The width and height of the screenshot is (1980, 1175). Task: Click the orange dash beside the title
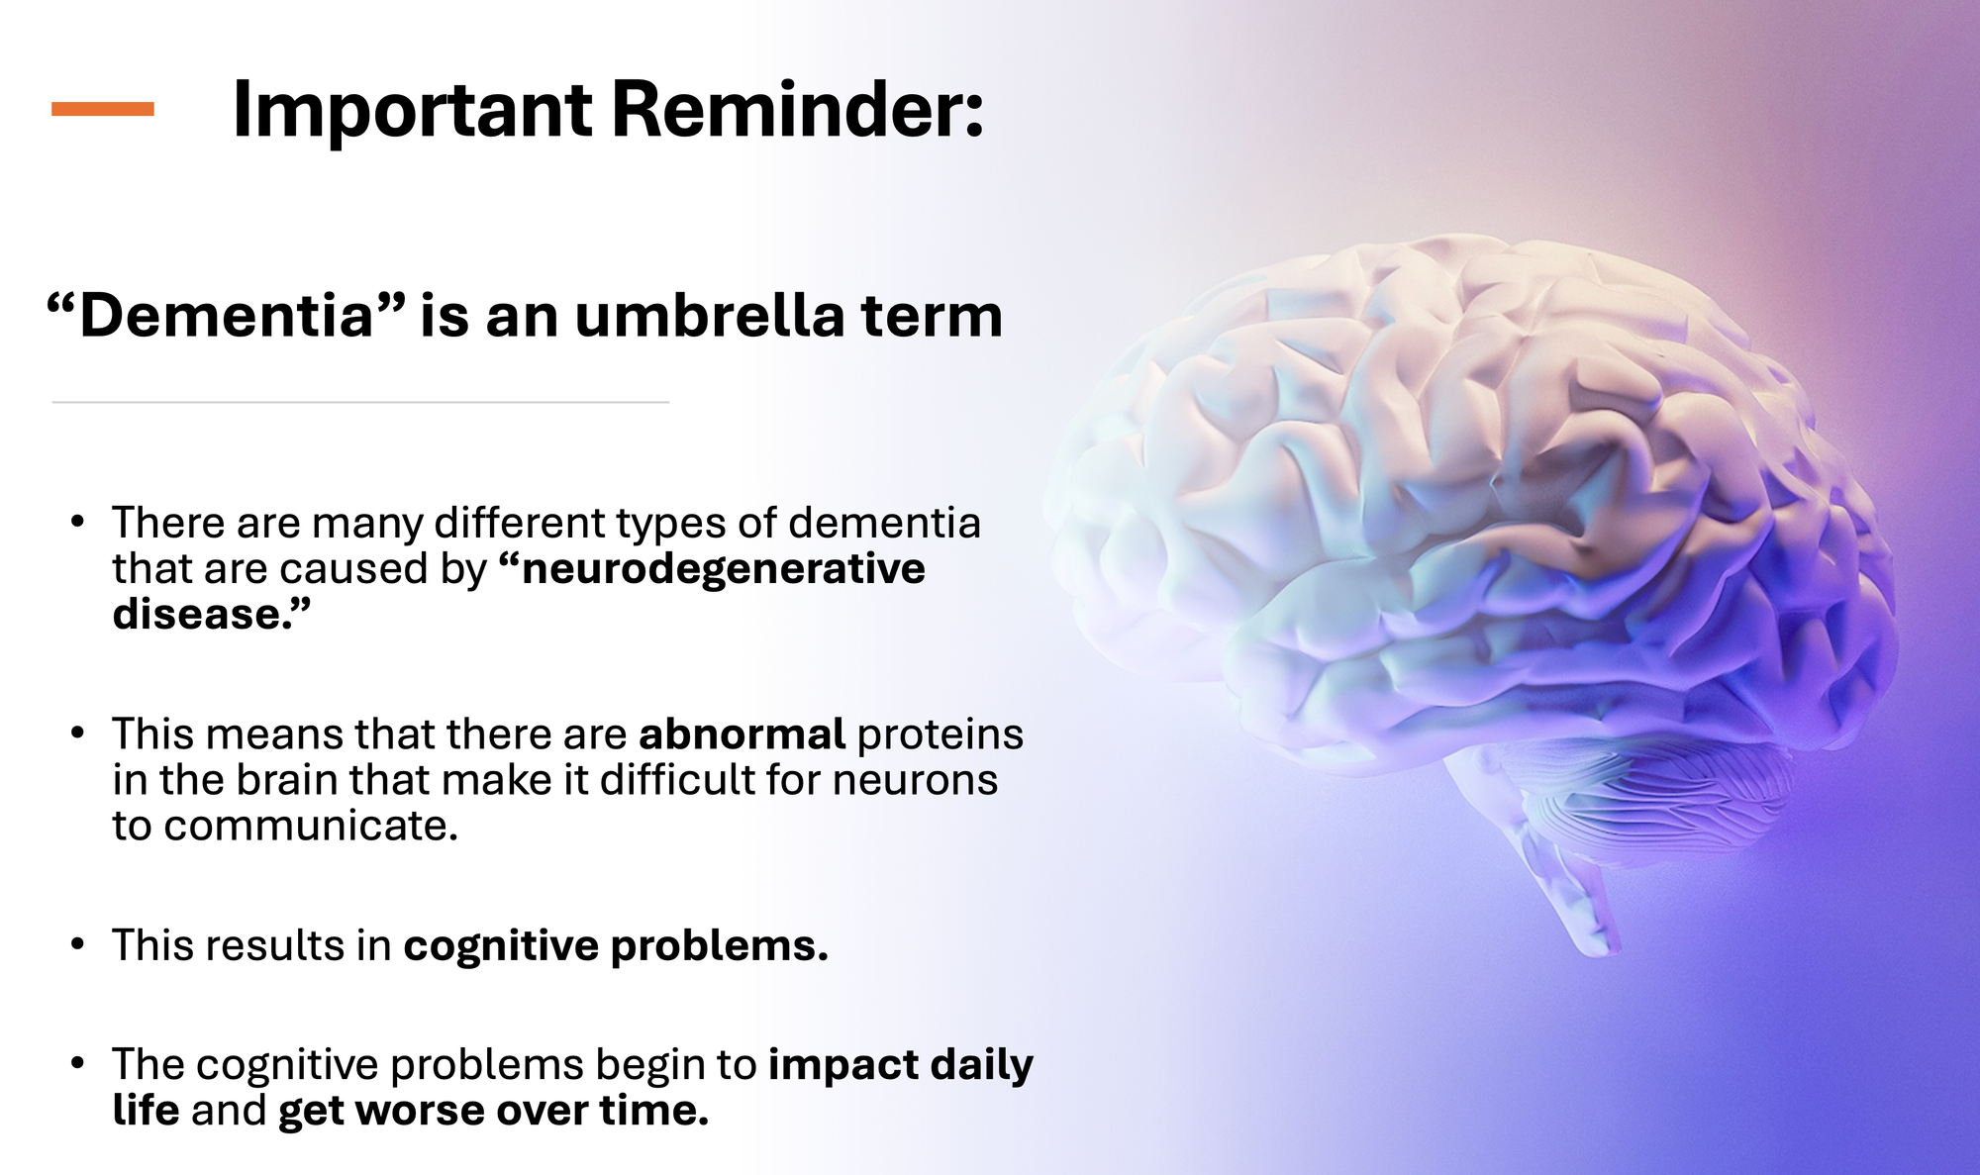(x=103, y=109)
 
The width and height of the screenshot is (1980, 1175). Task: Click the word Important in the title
(x=412, y=111)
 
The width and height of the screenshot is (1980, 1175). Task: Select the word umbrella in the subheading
(x=710, y=316)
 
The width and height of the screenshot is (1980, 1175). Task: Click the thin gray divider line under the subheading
(x=360, y=402)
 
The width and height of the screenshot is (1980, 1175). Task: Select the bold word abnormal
(x=742, y=734)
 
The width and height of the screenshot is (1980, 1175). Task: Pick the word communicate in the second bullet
(x=310, y=826)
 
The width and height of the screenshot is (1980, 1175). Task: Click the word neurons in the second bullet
(x=915, y=781)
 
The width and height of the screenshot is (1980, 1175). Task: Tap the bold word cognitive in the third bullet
(x=501, y=946)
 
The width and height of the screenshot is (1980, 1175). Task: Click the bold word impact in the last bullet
(x=843, y=1066)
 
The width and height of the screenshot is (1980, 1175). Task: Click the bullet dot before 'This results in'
(x=78, y=943)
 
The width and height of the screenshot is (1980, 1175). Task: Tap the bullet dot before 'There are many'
(x=78, y=521)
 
